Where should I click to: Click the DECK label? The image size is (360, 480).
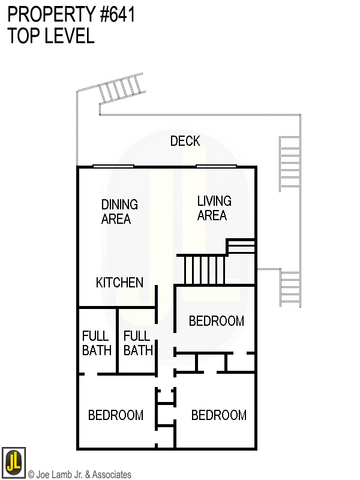185,142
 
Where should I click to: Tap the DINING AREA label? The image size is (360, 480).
119,212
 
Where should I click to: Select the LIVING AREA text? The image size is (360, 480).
214,208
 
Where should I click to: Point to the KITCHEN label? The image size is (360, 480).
119,282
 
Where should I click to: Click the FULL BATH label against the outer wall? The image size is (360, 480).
97,343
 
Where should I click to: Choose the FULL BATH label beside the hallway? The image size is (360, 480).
138,343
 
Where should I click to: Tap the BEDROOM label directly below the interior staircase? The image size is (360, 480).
216,321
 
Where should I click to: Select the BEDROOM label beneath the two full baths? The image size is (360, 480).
115,415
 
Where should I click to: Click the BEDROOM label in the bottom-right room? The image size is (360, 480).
218,415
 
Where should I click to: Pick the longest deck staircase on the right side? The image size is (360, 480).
289,163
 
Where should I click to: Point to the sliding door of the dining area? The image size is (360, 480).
113,166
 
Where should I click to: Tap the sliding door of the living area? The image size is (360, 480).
216,166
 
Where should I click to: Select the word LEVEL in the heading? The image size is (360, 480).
68,36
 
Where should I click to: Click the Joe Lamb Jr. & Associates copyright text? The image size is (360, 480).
79,475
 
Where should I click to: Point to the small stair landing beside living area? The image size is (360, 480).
241,247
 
